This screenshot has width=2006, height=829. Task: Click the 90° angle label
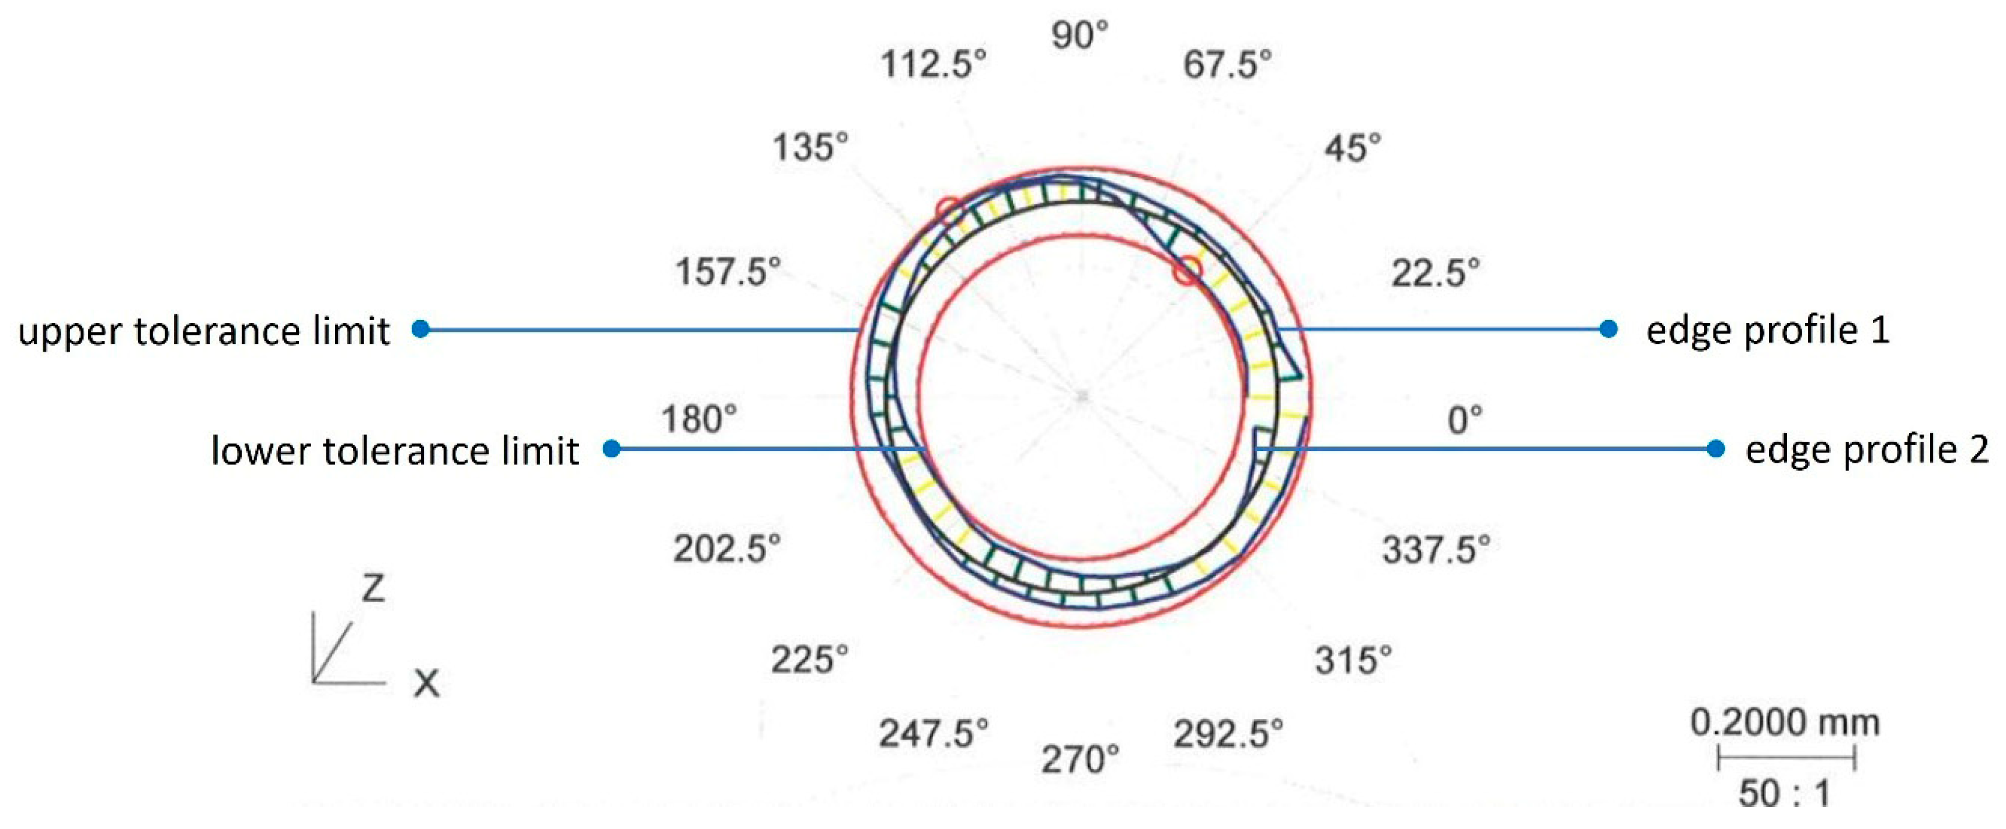click(x=1080, y=36)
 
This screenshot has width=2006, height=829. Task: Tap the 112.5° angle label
click(x=934, y=64)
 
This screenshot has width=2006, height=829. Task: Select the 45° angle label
click(x=1353, y=148)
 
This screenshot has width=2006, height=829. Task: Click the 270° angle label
click(x=1080, y=759)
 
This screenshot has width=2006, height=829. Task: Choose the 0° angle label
click(x=1465, y=420)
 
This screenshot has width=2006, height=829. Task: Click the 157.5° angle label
click(x=727, y=272)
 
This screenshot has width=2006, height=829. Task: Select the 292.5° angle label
click(x=1228, y=733)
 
